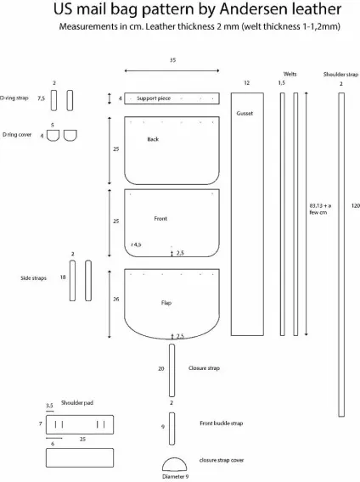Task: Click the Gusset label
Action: click(x=245, y=113)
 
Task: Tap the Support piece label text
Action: click(x=154, y=98)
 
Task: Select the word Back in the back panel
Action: click(x=153, y=139)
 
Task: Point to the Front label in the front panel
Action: click(x=160, y=219)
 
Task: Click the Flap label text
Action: click(x=166, y=303)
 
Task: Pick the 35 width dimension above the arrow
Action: click(x=172, y=60)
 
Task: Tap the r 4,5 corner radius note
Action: click(x=136, y=244)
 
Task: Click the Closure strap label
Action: click(x=204, y=368)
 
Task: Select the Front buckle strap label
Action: click(x=222, y=423)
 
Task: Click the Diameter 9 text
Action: click(x=175, y=476)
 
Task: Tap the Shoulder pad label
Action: click(x=77, y=403)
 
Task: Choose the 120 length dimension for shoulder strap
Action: click(x=356, y=205)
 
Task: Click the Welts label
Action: click(x=290, y=74)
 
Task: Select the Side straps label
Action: click(x=34, y=278)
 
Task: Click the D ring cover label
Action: click(x=17, y=135)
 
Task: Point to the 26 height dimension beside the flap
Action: click(x=116, y=299)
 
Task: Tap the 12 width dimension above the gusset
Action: click(x=247, y=83)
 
